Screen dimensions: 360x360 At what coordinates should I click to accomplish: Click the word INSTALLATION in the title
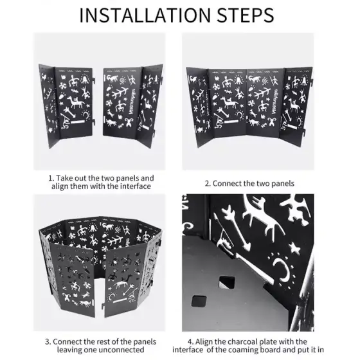pyautogui.click(x=145, y=15)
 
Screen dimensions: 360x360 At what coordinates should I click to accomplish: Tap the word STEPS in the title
pyautogui.click(x=245, y=15)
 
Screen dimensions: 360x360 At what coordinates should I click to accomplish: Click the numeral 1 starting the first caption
pyautogui.click(x=51, y=179)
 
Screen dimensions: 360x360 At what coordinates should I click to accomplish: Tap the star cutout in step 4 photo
pyautogui.click(x=294, y=248)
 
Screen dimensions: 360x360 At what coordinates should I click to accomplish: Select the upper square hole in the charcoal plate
pyautogui.click(x=227, y=282)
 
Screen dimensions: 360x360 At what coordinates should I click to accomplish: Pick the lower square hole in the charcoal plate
pyautogui.click(x=199, y=301)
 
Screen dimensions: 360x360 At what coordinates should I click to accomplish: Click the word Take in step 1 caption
pyautogui.click(x=63, y=178)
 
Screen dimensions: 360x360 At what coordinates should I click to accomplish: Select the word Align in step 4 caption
pyautogui.click(x=203, y=341)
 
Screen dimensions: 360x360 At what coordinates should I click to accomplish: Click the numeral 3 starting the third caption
pyautogui.click(x=48, y=341)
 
